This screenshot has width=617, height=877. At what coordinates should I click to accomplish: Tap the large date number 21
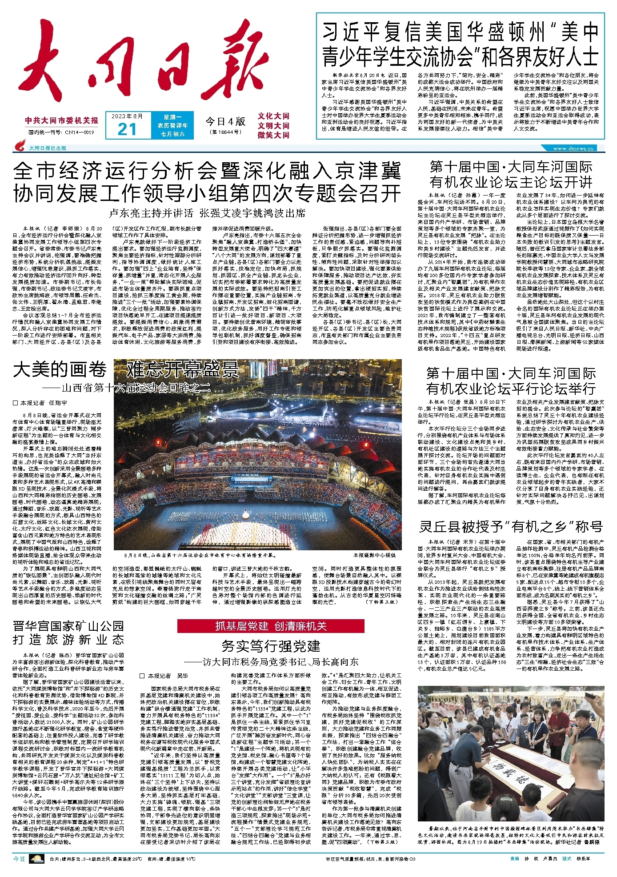coord(127,129)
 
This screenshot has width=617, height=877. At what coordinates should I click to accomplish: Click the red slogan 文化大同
coord(273,116)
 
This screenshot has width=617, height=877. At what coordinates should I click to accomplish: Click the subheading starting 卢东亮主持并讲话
coord(207,213)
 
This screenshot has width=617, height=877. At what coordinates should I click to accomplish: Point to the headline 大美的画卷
coord(60,369)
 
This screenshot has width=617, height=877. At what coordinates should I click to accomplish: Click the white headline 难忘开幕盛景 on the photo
coord(182,369)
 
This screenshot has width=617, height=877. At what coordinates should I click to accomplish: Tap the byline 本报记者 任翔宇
coord(40,403)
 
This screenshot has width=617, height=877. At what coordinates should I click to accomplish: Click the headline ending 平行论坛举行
coord(511,381)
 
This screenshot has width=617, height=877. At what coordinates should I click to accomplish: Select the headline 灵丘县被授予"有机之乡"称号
coord(511,527)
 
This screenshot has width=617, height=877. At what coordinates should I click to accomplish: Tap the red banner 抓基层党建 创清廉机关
coord(271,626)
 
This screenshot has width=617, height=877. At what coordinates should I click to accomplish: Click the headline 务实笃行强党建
coord(271,646)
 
